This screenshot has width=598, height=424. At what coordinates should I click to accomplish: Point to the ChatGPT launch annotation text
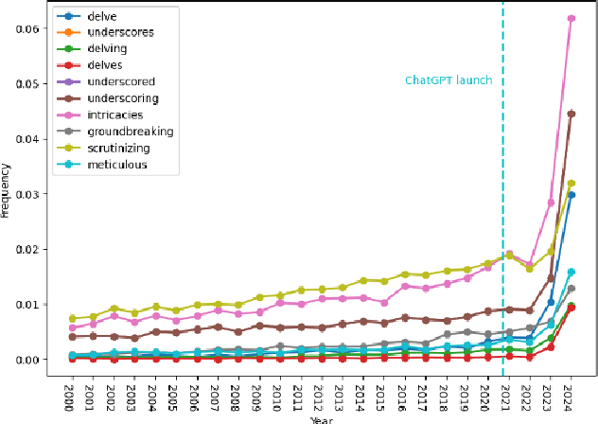click(x=448, y=80)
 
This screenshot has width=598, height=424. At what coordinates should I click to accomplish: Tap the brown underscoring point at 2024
click(x=571, y=114)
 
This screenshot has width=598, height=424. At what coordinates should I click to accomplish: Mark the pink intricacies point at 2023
click(x=550, y=203)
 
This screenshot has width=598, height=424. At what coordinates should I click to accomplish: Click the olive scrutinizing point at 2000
click(x=73, y=319)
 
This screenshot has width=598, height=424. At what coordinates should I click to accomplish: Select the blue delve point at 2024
click(x=571, y=195)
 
